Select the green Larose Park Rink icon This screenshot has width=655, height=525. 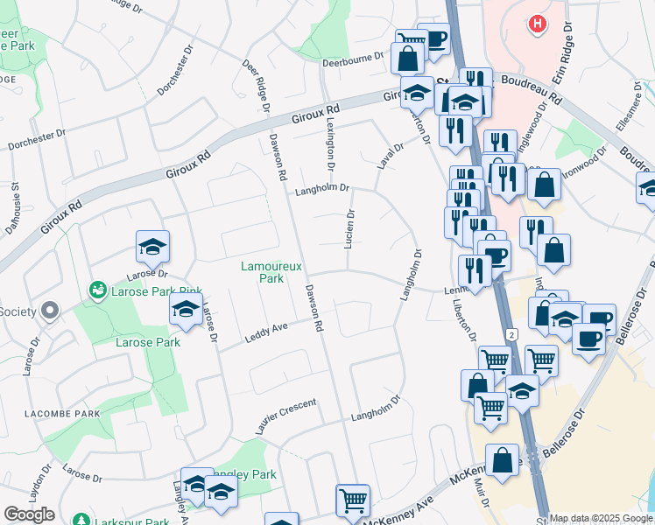point(96,289)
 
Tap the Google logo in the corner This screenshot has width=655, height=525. point(29,514)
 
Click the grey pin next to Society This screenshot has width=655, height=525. point(49,311)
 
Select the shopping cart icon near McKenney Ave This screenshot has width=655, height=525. point(353,500)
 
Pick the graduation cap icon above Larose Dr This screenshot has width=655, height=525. point(152,248)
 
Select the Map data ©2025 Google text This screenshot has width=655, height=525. point(601,518)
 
